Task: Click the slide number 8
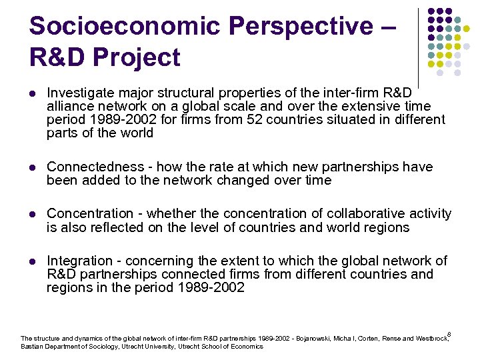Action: tap(449, 334)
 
